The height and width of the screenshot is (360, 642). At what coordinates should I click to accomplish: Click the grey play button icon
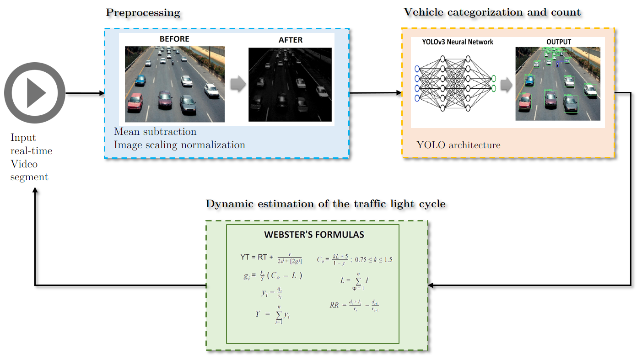[35, 93]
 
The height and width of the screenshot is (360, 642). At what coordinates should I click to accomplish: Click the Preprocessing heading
[143, 12]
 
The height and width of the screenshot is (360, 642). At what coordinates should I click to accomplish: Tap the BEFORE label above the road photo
[174, 39]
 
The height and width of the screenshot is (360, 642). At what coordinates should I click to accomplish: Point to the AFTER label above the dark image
[291, 40]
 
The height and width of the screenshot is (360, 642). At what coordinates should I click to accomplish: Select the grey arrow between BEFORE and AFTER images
[238, 84]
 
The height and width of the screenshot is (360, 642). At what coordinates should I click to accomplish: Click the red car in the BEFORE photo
[135, 101]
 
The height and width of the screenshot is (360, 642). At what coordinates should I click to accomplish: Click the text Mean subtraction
[155, 132]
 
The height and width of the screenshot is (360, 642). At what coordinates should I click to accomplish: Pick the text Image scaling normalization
[179, 145]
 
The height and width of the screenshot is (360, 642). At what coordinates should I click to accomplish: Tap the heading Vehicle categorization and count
[492, 12]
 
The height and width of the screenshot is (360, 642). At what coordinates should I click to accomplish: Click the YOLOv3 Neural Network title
[458, 42]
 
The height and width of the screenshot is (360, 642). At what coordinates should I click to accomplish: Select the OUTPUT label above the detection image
[558, 42]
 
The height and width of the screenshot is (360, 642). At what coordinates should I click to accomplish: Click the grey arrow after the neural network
[506, 85]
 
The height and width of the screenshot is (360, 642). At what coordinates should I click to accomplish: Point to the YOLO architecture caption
[459, 145]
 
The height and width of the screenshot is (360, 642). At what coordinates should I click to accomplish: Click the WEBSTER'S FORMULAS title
[314, 235]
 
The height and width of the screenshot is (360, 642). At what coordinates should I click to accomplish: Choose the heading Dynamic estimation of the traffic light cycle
[325, 204]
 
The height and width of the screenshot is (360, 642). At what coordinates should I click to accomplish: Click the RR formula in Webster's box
[354, 305]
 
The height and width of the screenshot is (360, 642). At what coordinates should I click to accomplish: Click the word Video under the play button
[24, 164]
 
